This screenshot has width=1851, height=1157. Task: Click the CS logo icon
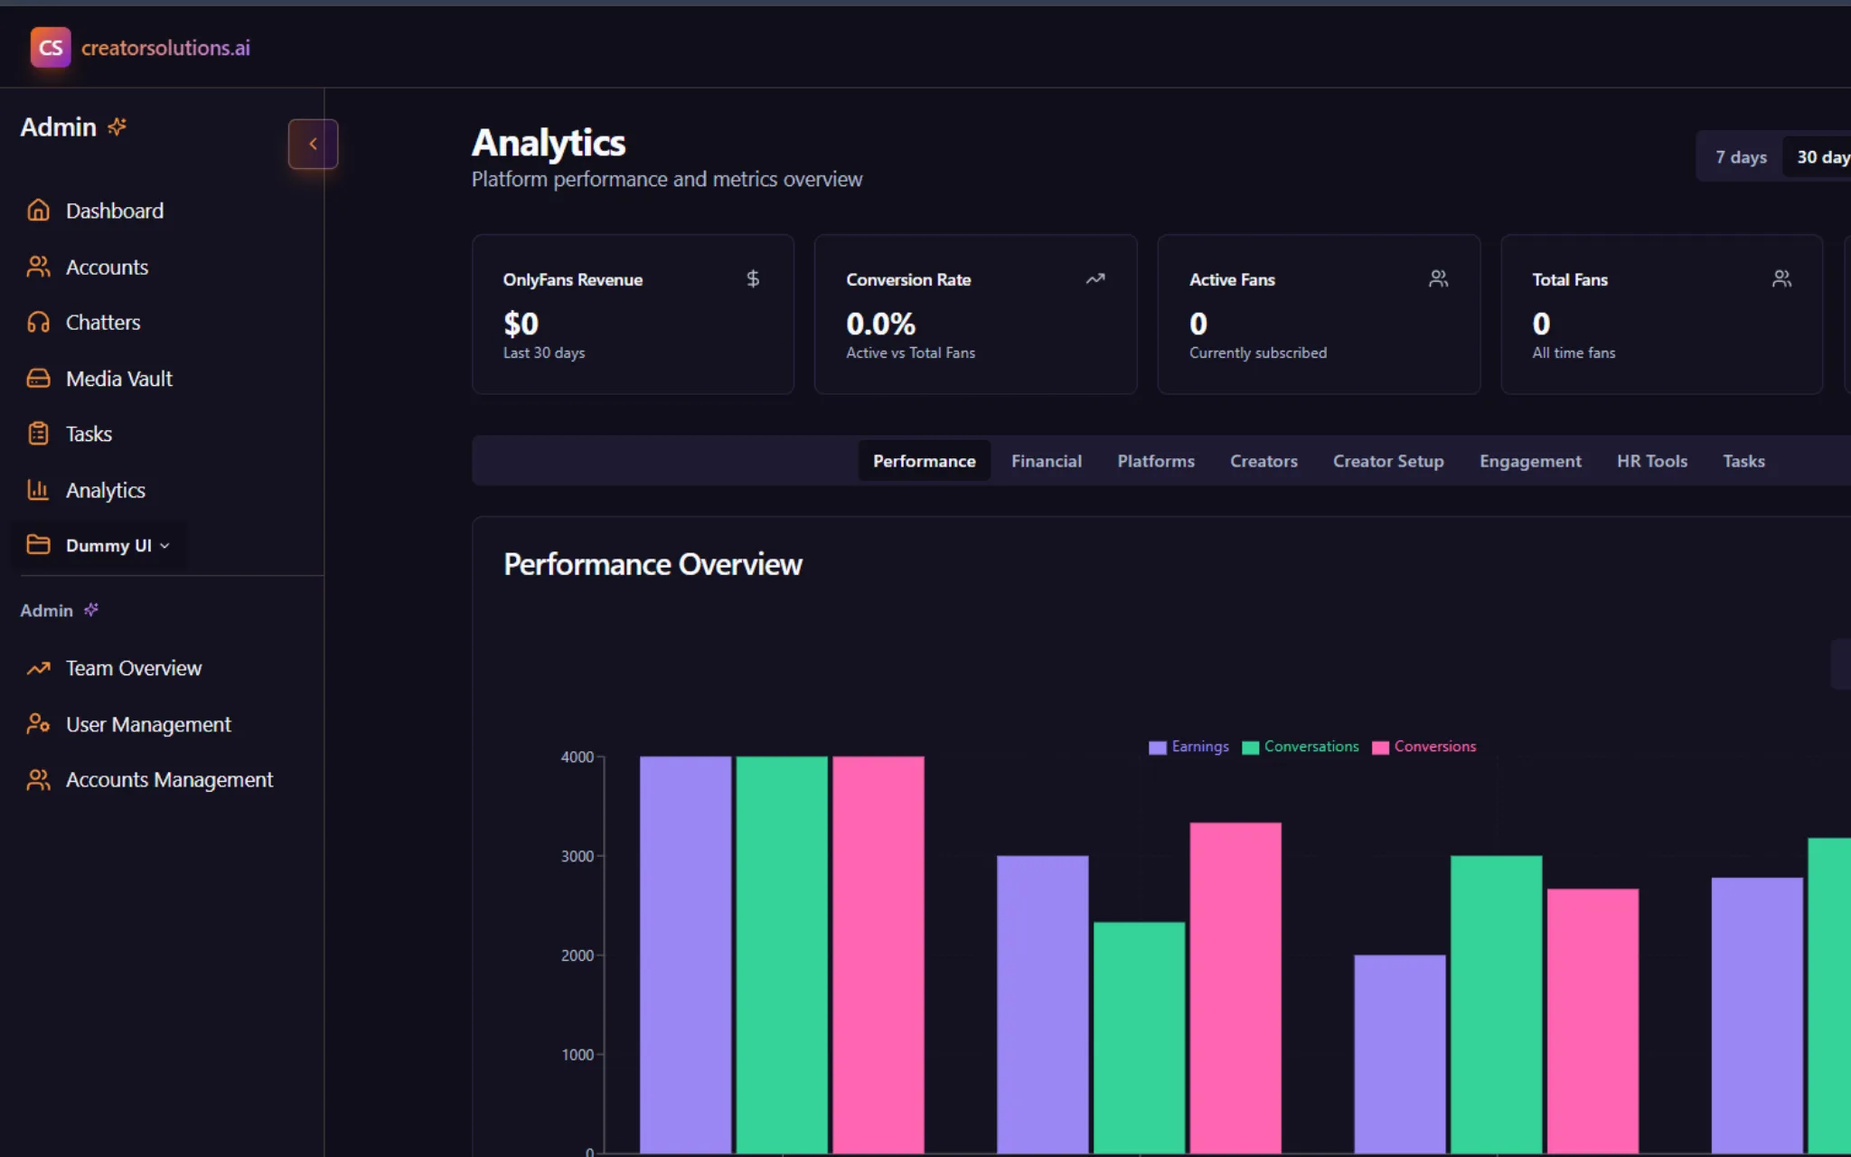pos(51,47)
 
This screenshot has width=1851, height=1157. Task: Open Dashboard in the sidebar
pos(114,211)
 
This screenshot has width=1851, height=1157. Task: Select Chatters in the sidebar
pos(102,323)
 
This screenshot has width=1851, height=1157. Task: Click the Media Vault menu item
pos(118,379)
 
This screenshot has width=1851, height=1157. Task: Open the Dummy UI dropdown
pos(116,546)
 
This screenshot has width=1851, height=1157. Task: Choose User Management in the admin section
pos(147,725)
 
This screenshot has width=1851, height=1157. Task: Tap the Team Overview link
pos(133,668)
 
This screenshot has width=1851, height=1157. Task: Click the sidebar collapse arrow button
pos(313,144)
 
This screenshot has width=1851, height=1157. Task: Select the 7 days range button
pos(1740,157)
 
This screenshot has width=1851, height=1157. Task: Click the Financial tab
pos(1046,461)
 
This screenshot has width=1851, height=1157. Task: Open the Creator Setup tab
pos(1387,461)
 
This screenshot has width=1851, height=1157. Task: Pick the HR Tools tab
pos(1651,461)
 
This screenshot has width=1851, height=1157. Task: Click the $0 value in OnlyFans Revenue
pos(521,324)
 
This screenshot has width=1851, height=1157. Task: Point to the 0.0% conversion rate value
pos(880,324)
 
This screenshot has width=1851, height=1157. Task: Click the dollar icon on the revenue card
pos(753,278)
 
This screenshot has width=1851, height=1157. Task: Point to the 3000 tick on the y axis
pos(577,856)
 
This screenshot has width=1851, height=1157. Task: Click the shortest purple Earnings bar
pos(1399,1053)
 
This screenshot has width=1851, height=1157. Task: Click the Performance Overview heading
pos(653,564)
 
